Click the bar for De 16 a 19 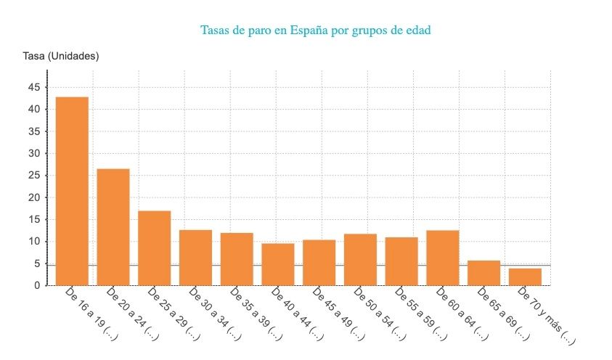(x=72, y=191)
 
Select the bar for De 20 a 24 (x=113, y=226)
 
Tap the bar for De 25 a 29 (x=155, y=247)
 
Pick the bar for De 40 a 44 (x=278, y=264)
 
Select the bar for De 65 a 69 (x=484, y=273)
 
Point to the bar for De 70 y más (x=525, y=277)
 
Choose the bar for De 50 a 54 (x=361, y=259)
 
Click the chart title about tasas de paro (x=320, y=30)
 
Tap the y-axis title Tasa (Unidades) (x=61, y=56)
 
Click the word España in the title (x=313, y=30)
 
